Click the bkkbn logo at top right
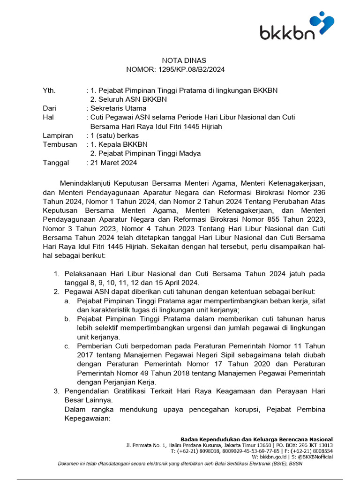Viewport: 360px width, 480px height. click(x=297, y=27)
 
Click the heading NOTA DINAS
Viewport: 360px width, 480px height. click(x=184, y=60)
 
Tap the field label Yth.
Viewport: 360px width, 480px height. click(x=49, y=90)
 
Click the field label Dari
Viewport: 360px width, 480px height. click(x=49, y=108)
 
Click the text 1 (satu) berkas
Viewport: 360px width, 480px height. click(x=114, y=135)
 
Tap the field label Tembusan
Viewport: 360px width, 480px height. click(x=60, y=144)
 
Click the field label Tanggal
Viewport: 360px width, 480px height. click(x=56, y=163)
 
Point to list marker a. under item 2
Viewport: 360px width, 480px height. click(x=67, y=301)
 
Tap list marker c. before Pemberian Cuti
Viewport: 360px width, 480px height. click(x=67, y=346)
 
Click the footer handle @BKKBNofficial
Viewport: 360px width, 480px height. click(x=315, y=456)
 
